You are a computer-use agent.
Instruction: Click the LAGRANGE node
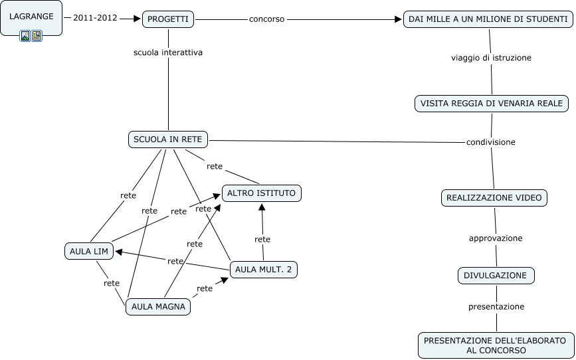point(31,16)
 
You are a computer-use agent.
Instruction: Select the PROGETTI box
point(167,19)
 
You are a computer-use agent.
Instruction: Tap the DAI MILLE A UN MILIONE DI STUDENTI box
point(488,19)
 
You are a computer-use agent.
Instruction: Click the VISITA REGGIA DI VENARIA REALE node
point(492,104)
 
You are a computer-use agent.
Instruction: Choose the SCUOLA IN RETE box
point(168,139)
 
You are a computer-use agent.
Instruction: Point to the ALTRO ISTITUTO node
point(262,193)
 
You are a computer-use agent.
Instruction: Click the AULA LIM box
point(90,251)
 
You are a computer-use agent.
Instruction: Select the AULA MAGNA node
point(158,306)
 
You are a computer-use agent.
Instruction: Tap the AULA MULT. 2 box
point(264,269)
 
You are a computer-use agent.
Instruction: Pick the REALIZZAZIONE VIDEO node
point(494,197)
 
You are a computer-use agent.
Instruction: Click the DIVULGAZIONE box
point(496,275)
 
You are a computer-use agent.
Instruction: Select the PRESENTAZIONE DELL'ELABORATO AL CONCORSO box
point(496,345)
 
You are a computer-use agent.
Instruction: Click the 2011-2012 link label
point(95,18)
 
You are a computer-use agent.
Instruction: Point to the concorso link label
point(266,19)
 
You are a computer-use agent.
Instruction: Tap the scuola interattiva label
point(168,52)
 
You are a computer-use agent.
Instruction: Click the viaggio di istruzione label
point(491,58)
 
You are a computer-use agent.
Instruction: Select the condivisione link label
point(490,142)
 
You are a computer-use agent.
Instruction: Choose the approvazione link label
point(496,238)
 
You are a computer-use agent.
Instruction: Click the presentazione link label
point(496,307)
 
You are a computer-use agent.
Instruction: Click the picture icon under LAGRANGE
point(25,36)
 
